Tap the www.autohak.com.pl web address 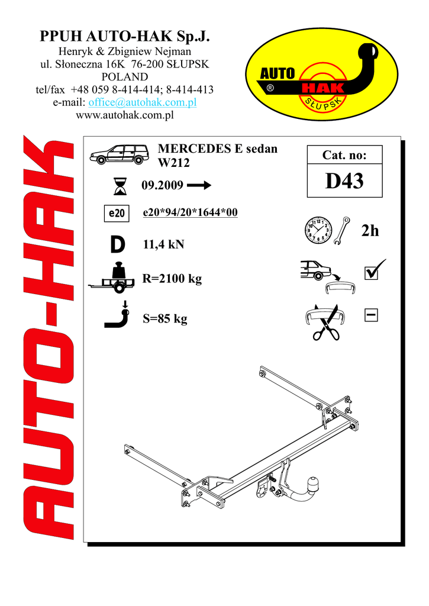[125, 115]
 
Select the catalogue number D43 [344, 182]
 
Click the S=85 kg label [165, 320]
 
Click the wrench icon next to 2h [342, 232]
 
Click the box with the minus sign [372, 316]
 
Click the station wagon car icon [120, 154]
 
